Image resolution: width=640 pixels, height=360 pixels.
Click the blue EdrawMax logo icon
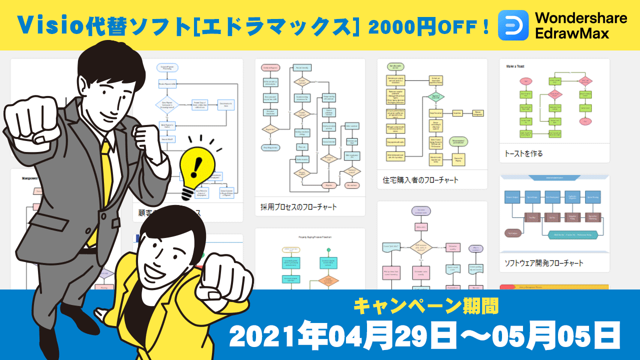tap(513, 25)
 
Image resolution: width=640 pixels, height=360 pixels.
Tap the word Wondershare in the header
tap(581, 18)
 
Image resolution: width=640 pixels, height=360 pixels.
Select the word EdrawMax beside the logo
tap(572, 34)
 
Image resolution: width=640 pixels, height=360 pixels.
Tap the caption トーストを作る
tap(523, 153)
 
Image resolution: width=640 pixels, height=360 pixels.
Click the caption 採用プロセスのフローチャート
tap(298, 207)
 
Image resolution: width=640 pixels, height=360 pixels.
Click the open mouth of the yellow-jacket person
tap(150, 270)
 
